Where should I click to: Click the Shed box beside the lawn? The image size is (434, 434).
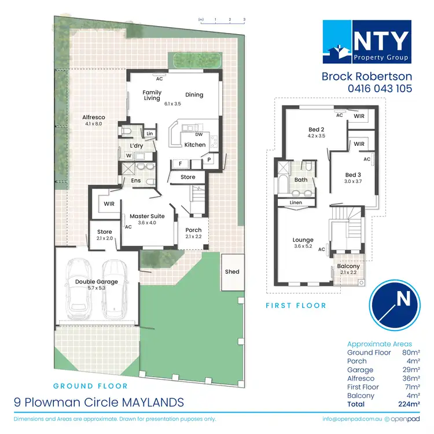pos(233,271)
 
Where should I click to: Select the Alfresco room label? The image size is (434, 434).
pos(93,117)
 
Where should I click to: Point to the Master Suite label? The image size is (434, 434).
pos(147,216)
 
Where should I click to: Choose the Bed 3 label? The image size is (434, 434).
pos(353,175)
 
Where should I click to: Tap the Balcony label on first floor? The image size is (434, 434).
pos(349,266)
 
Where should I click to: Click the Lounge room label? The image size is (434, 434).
pos(303,240)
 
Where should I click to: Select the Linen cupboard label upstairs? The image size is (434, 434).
pos(295,202)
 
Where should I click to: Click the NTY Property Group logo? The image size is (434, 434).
pos(366,41)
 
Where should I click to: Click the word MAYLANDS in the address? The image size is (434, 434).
pos(155,401)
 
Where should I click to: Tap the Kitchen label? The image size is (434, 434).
pos(195,145)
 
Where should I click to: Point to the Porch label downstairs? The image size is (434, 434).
pos(193,230)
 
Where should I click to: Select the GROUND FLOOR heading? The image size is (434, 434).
pos(90,386)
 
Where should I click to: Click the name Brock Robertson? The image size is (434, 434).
pos(366,76)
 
